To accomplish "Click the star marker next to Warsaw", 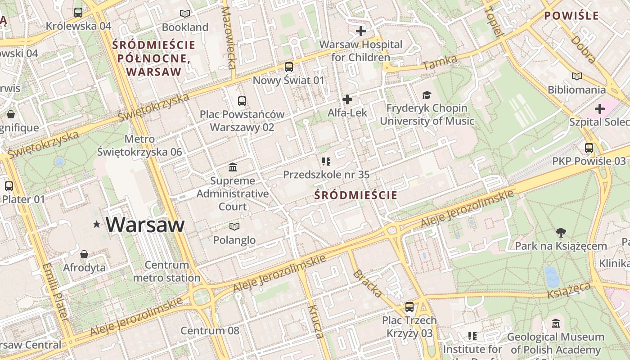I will (96, 224).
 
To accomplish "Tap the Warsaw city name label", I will (145, 224).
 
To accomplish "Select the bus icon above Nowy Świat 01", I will (289, 67).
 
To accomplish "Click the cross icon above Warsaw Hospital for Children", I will (360, 31).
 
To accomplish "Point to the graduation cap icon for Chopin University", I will (427, 95).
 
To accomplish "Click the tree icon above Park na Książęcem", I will (561, 233).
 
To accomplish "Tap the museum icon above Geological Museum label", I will (556, 324).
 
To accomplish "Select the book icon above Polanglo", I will (234, 226).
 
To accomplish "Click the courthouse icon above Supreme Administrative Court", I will (233, 167).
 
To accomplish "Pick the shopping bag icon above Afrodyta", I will (84, 254).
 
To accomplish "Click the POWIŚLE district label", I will (571, 16).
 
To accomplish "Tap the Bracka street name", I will (368, 283).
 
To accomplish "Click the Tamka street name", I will (440, 63).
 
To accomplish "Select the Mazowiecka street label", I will (229, 38).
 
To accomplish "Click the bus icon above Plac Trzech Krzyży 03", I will (409, 307).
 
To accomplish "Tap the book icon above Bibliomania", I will (576, 76).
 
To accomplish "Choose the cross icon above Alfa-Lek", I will (347, 99).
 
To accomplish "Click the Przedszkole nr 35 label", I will (326, 174).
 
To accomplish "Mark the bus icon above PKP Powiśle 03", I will (589, 148).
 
